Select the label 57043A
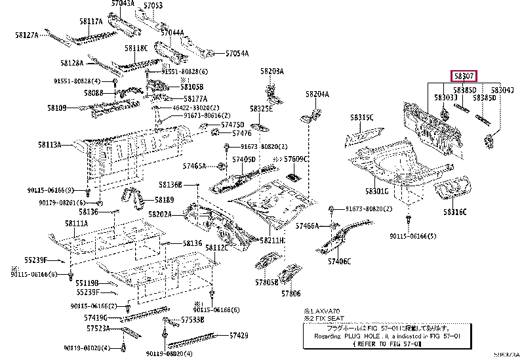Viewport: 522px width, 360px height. click(x=123, y=4)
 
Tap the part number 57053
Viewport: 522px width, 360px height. click(x=152, y=6)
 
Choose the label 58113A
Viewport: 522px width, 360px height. click(x=49, y=145)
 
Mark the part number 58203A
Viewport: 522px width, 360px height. click(x=271, y=71)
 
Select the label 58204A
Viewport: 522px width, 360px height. click(x=317, y=94)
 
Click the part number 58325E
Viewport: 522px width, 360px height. click(x=261, y=109)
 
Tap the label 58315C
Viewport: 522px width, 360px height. click(x=361, y=118)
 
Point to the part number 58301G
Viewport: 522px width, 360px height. click(x=377, y=190)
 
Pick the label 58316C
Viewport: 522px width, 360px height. click(x=454, y=212)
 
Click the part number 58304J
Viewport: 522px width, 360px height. click(x=503, y=90)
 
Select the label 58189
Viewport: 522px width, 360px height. click(x=165, y=200)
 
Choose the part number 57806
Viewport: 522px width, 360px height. click(x=291, y=294)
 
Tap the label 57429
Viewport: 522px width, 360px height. click(x=239, y=335)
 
